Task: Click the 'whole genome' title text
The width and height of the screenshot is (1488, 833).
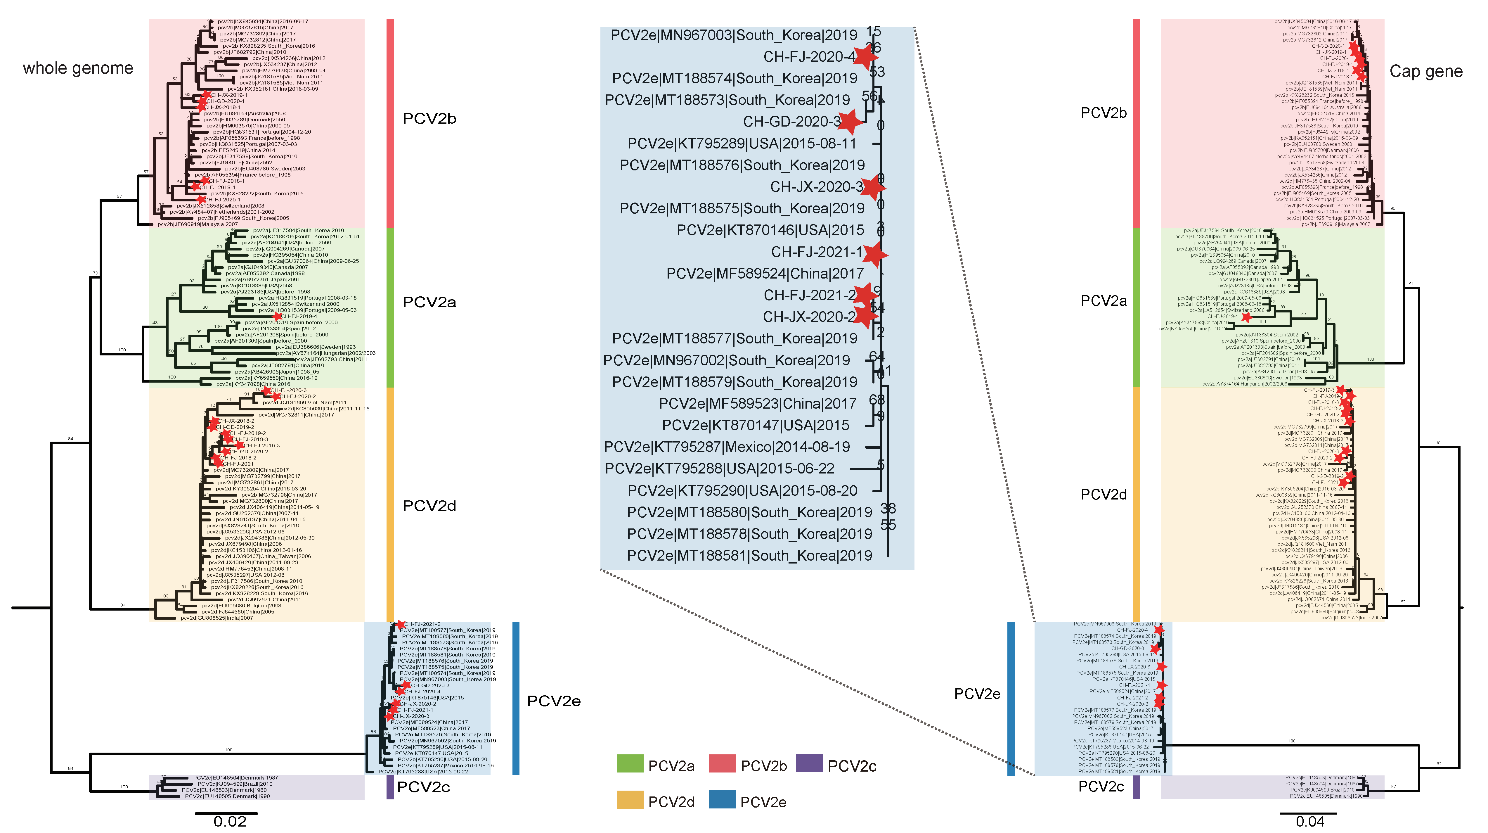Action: [x=78, y=68]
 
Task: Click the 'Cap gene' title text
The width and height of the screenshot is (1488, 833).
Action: [x=1425, y=72]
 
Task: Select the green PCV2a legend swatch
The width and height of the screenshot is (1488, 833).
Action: [x=630, y=764]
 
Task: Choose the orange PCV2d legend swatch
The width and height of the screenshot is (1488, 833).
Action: [x=630, y=800]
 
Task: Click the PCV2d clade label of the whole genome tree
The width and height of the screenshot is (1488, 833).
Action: [x=429, y=506]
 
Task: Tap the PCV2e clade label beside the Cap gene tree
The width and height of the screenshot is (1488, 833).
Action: [x=977, y=694]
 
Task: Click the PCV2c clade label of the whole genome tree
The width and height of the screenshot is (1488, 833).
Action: [x=423, y=787]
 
